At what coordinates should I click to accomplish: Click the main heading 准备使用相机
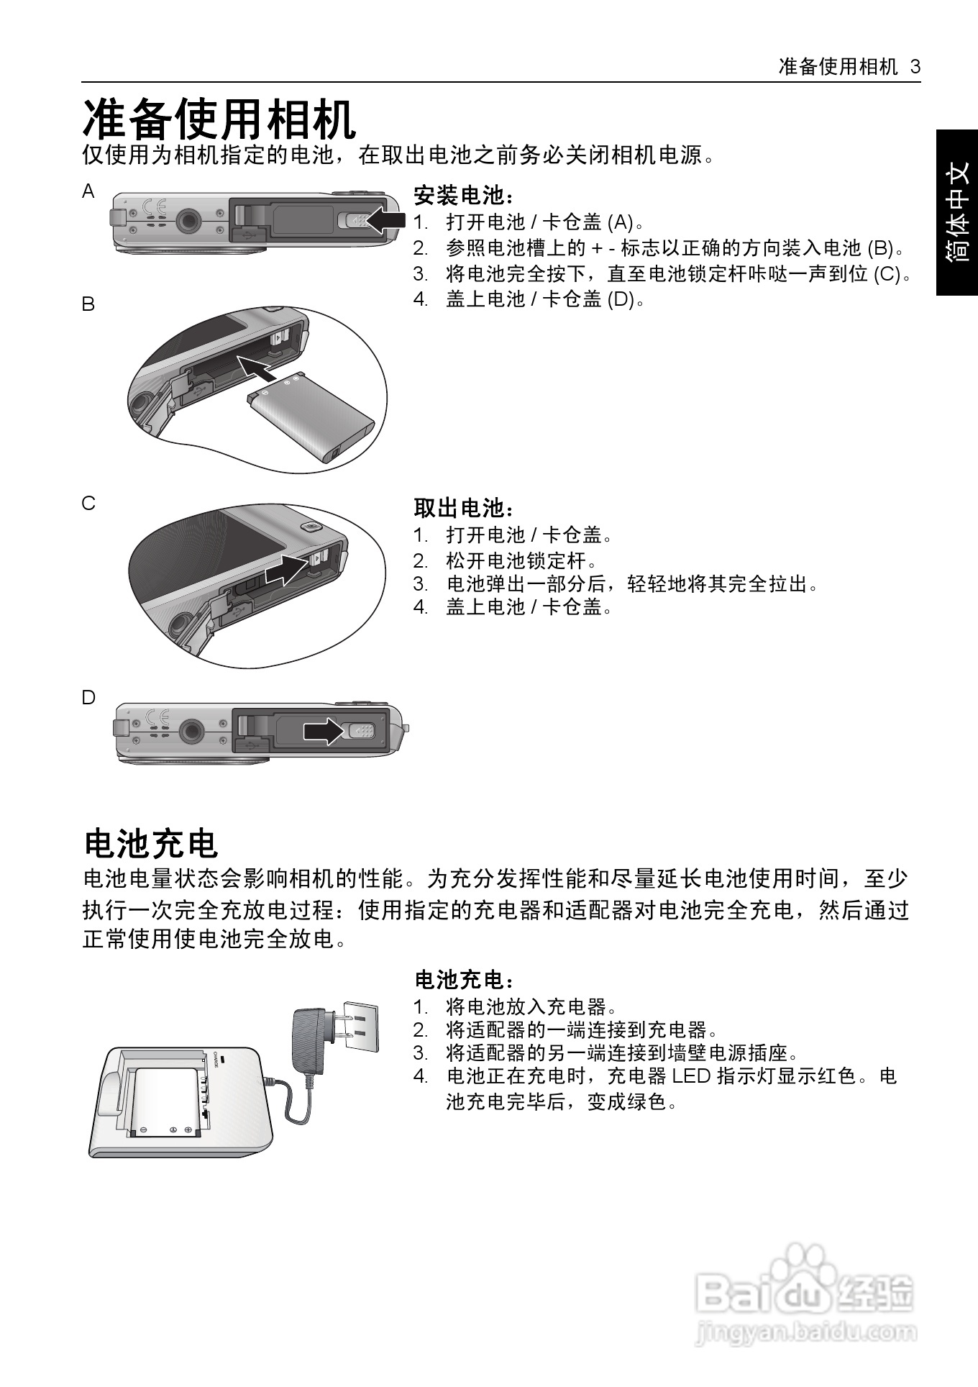pos(219,119)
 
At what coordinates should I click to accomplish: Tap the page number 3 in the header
pos(915,68)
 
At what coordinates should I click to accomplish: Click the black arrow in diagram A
pos(385,219)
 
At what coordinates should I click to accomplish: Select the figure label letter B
pos(88,304)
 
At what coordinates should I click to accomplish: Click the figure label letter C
pos(88,504)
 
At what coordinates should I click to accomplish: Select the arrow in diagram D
pos(324,732)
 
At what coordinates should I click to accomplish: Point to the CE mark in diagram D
pos(156,717)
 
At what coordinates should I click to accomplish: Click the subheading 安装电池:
pos(464,195)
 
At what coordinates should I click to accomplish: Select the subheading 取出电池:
pos(464,509)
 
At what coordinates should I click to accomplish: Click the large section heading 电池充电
pos(151,842)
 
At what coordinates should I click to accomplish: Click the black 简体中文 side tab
pos(957,212)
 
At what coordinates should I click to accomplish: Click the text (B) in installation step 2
pos(880,249)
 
